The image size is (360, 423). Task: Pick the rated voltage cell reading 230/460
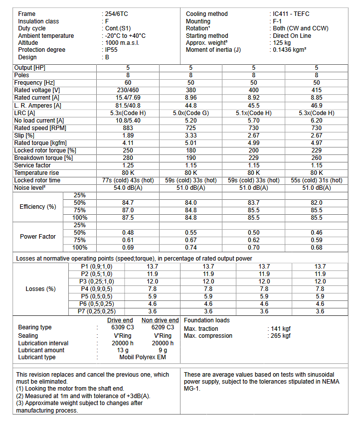(x=128, y=90)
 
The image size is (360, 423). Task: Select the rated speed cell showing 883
(x=128, y=128)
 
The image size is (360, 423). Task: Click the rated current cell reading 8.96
(x=191, y=98)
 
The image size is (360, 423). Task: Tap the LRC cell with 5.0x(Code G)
(x=191, y=113)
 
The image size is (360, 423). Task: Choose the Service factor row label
(x=32, y=165)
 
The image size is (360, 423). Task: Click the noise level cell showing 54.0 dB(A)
(x=128, y=188)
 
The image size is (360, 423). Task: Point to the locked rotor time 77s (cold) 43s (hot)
(x=128, y=180)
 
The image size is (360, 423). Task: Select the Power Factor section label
(x=38, y=236)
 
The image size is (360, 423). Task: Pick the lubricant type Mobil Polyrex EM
(x=142, y=357)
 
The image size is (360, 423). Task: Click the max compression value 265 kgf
(x=280, y=336)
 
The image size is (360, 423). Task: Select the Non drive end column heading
(x=160, y=320)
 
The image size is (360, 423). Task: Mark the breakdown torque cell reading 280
(x=128, y=157)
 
